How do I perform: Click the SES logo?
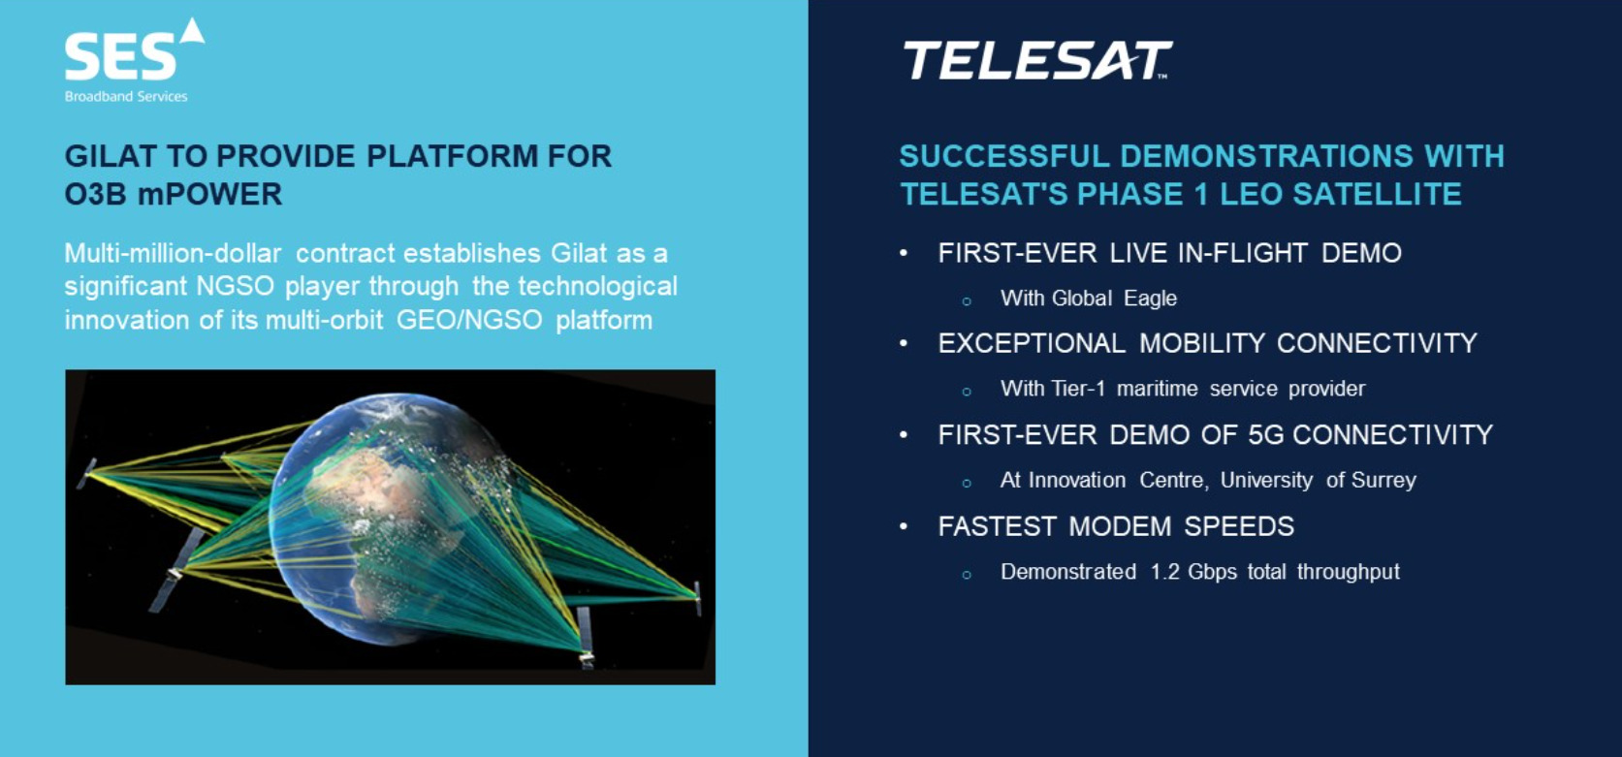click(135, 59)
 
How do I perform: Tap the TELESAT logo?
click(1037, 60)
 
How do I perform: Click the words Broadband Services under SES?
click(126, 96)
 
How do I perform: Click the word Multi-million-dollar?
click(173, 253)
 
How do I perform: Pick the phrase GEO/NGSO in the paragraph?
click(469, 320)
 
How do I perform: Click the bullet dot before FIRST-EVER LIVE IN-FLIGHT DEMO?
click(904, 253)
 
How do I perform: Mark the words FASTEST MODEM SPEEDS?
click(1116, 526)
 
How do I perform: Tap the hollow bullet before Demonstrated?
click(967, 575)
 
